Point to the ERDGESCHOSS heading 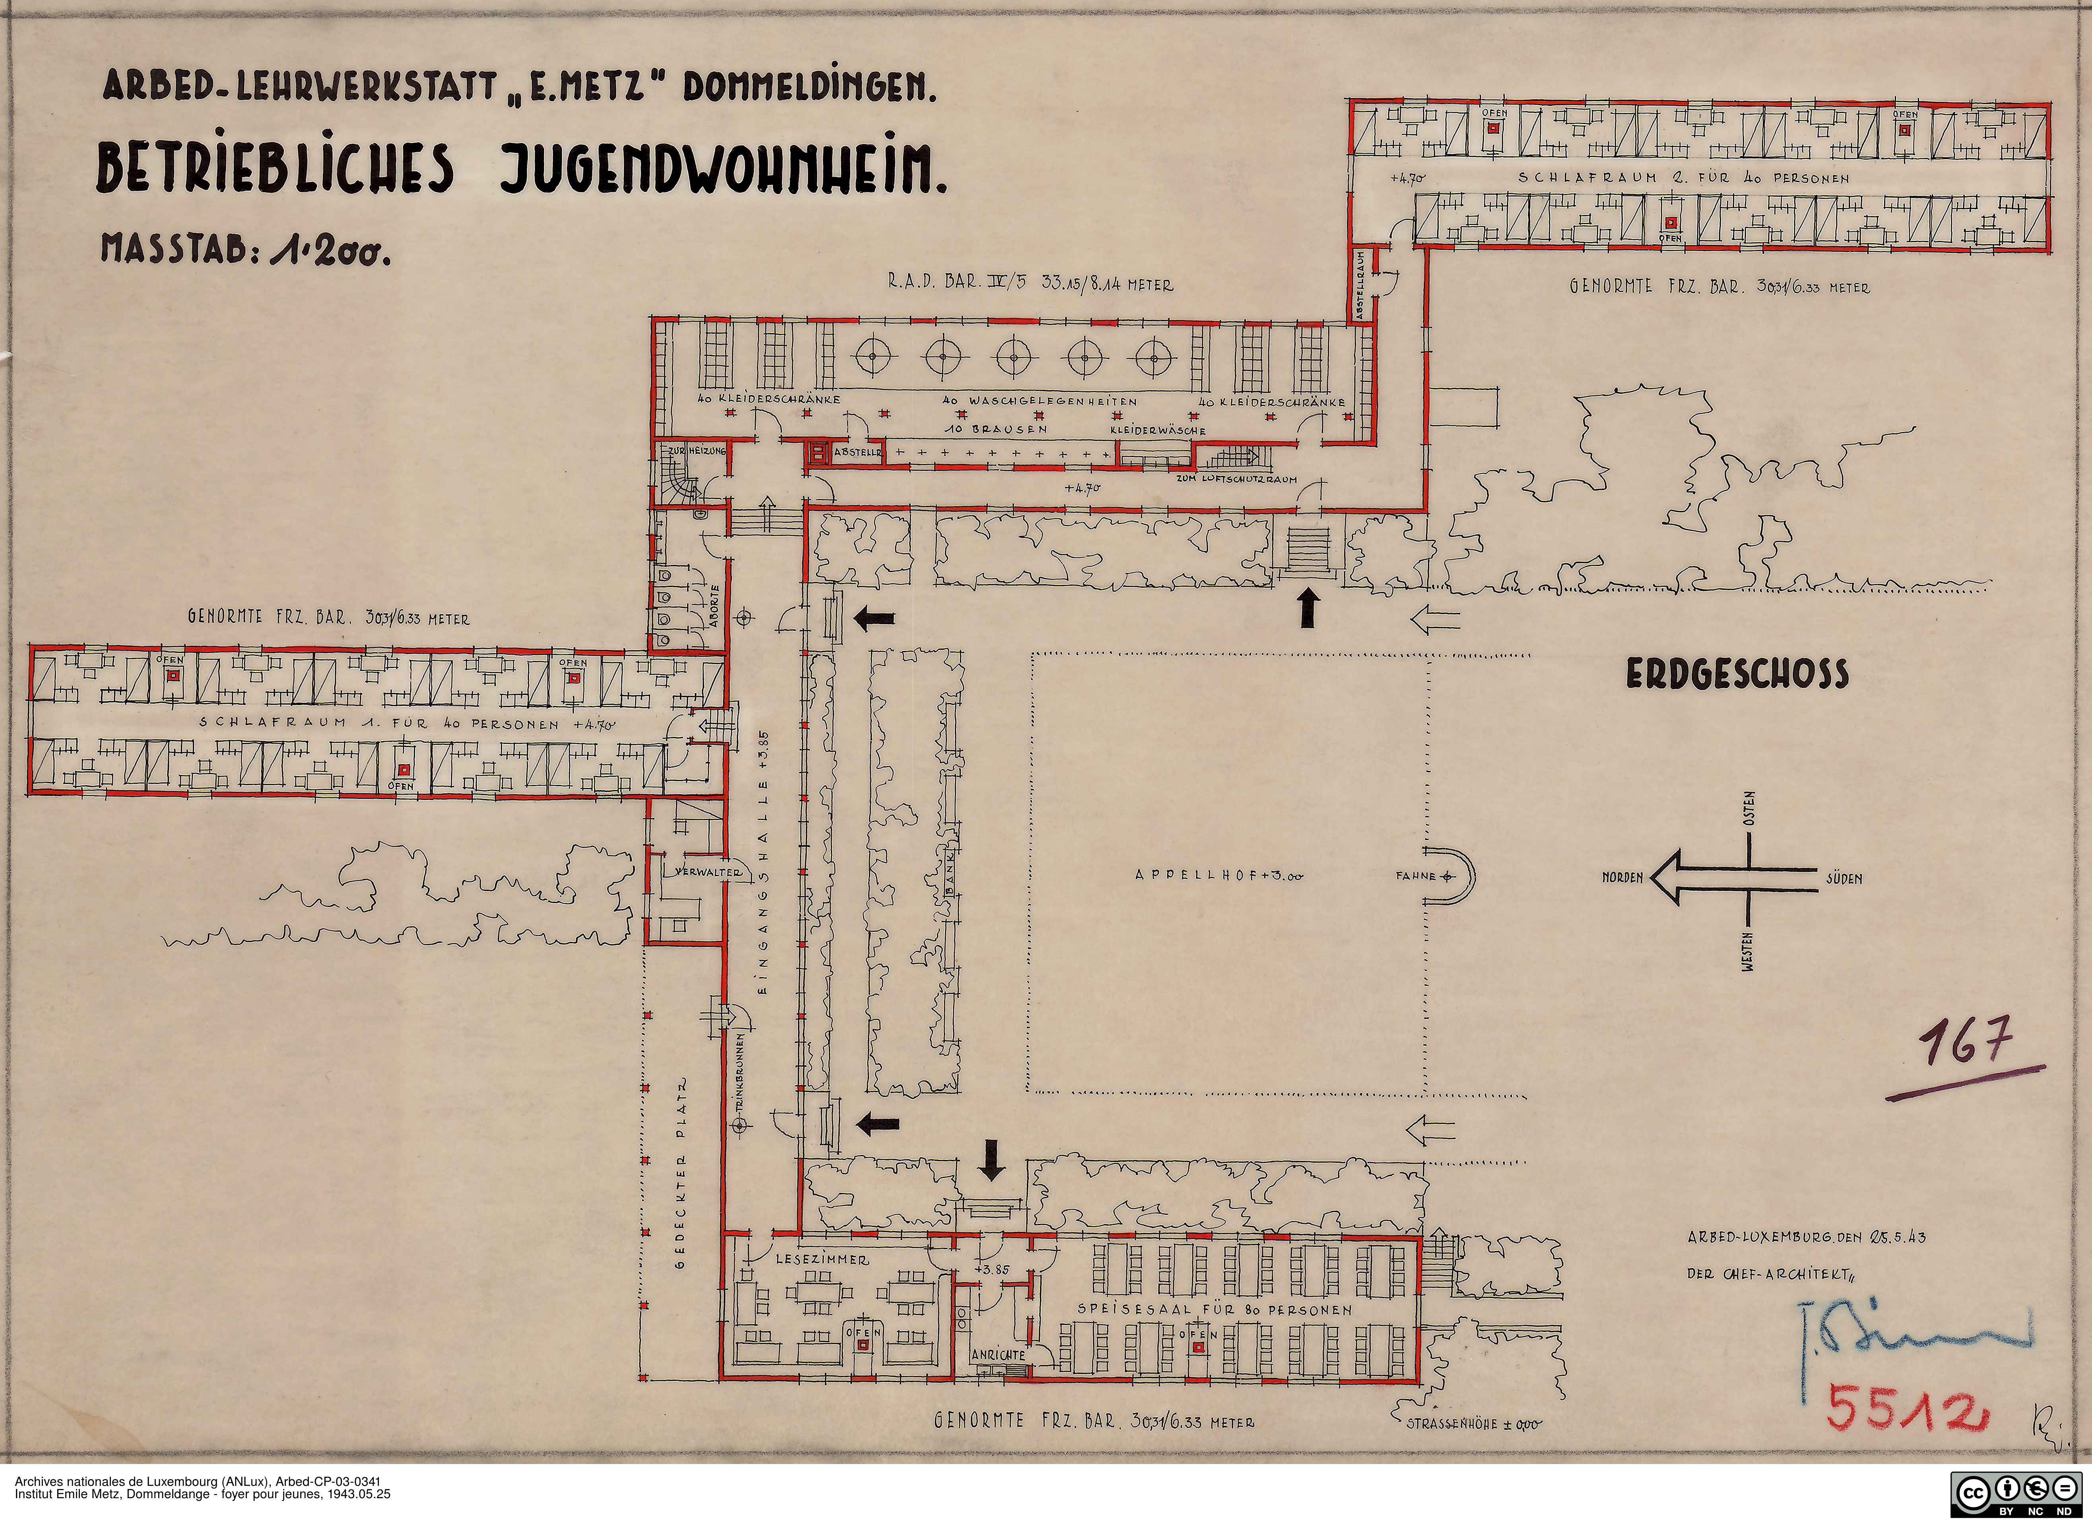coord(1737,674)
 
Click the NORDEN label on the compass coord(1622,877)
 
